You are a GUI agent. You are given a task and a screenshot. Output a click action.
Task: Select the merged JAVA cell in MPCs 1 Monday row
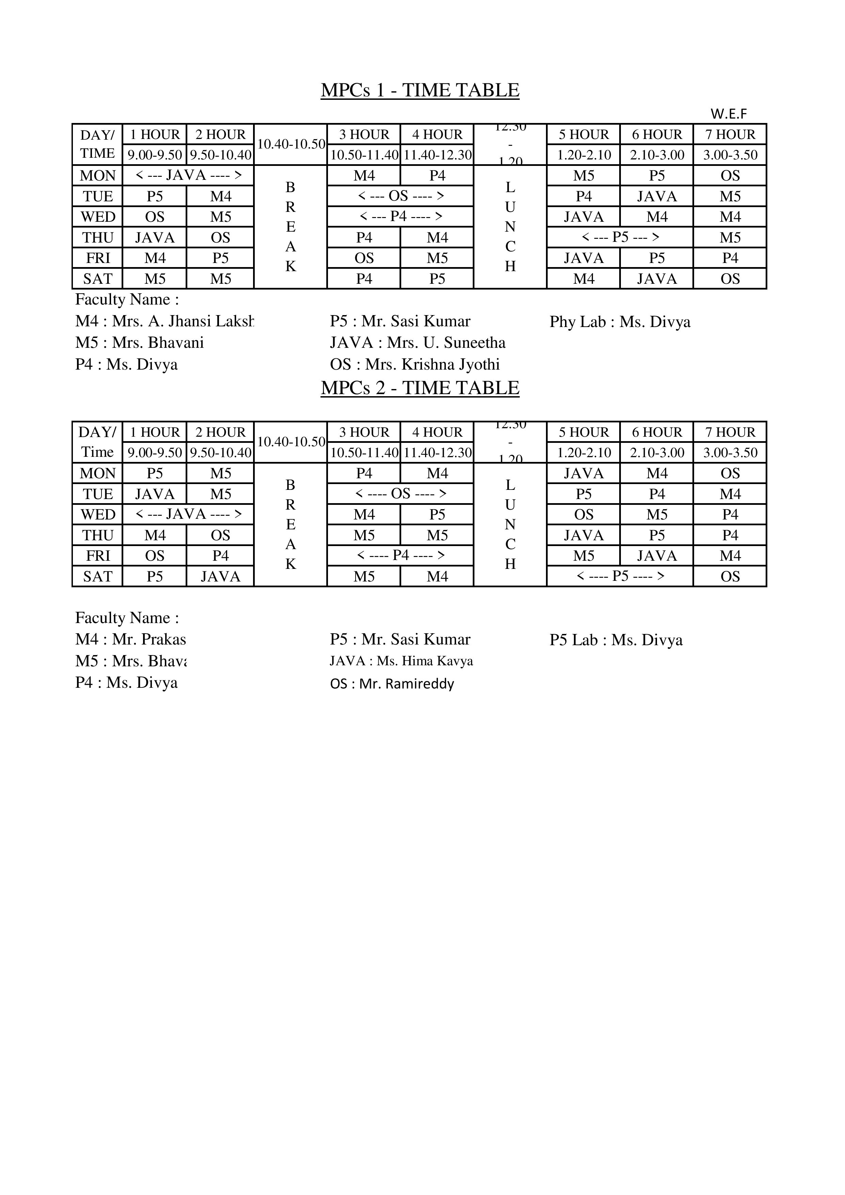coord(188,175)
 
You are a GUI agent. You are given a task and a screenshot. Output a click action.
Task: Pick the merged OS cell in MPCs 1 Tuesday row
coord(401,196)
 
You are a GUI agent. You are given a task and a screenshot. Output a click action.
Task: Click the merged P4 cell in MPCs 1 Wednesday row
coord(401,217)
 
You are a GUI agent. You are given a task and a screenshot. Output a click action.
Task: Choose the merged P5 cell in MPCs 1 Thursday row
coord(620,237)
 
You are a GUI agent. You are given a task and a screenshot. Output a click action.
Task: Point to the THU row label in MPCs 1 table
coord(98,237)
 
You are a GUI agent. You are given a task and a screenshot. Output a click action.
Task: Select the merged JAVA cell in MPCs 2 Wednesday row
coord(188,514)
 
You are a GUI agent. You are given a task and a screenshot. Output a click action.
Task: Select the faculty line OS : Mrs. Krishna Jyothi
coord(415,364)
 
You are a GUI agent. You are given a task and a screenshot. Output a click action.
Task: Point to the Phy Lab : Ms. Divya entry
coord(620,322)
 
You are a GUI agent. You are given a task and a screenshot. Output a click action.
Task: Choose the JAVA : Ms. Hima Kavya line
coord(401,661)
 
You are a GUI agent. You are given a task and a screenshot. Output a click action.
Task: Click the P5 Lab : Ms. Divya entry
coord(616,640)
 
